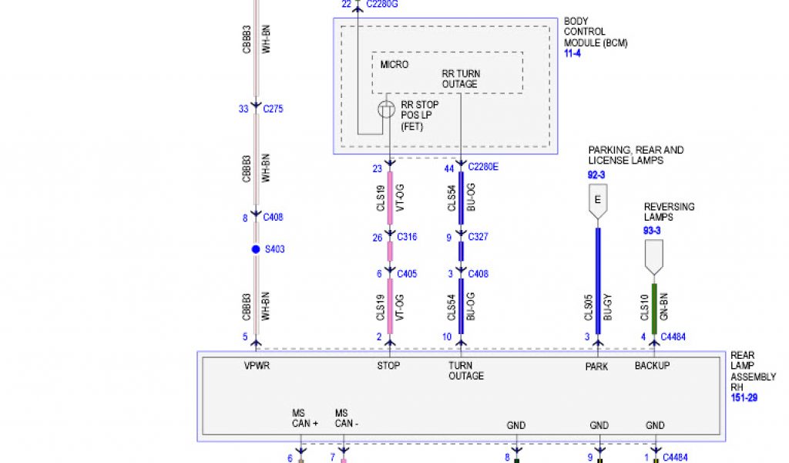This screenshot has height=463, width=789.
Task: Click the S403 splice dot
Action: [x=256, y=249]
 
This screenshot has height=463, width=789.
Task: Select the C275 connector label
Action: [x=273, y=109]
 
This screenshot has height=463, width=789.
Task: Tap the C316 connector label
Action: [x=407, y=237]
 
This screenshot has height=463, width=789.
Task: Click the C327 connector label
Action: [x=478, y=237]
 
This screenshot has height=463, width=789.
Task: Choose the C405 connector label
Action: [x=407, y=273]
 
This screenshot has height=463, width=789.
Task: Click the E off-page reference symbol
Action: [x=597, y=201]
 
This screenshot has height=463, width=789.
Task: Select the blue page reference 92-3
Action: [x=597, y=175]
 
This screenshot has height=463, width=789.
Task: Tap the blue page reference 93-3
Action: [x=653, y=231]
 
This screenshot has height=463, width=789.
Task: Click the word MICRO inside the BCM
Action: [x=394, y=64]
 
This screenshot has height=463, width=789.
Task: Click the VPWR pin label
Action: [x=257, y=366]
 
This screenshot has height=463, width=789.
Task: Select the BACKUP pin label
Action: [x=652, y=366]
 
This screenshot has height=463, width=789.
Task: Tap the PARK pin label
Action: [x=597, y=366]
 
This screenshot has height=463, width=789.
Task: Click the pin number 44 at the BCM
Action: [x=449, y=167]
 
